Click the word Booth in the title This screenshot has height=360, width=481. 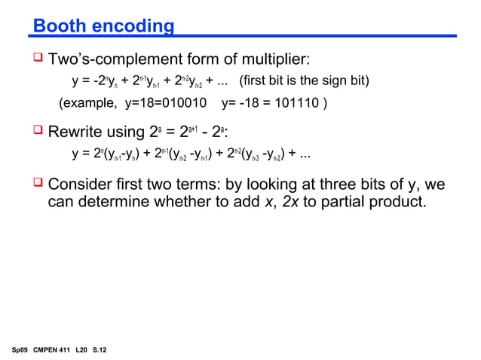(59, 27)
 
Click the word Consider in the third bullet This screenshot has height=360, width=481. (82, 185)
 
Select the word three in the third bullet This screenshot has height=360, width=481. (344, 185)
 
